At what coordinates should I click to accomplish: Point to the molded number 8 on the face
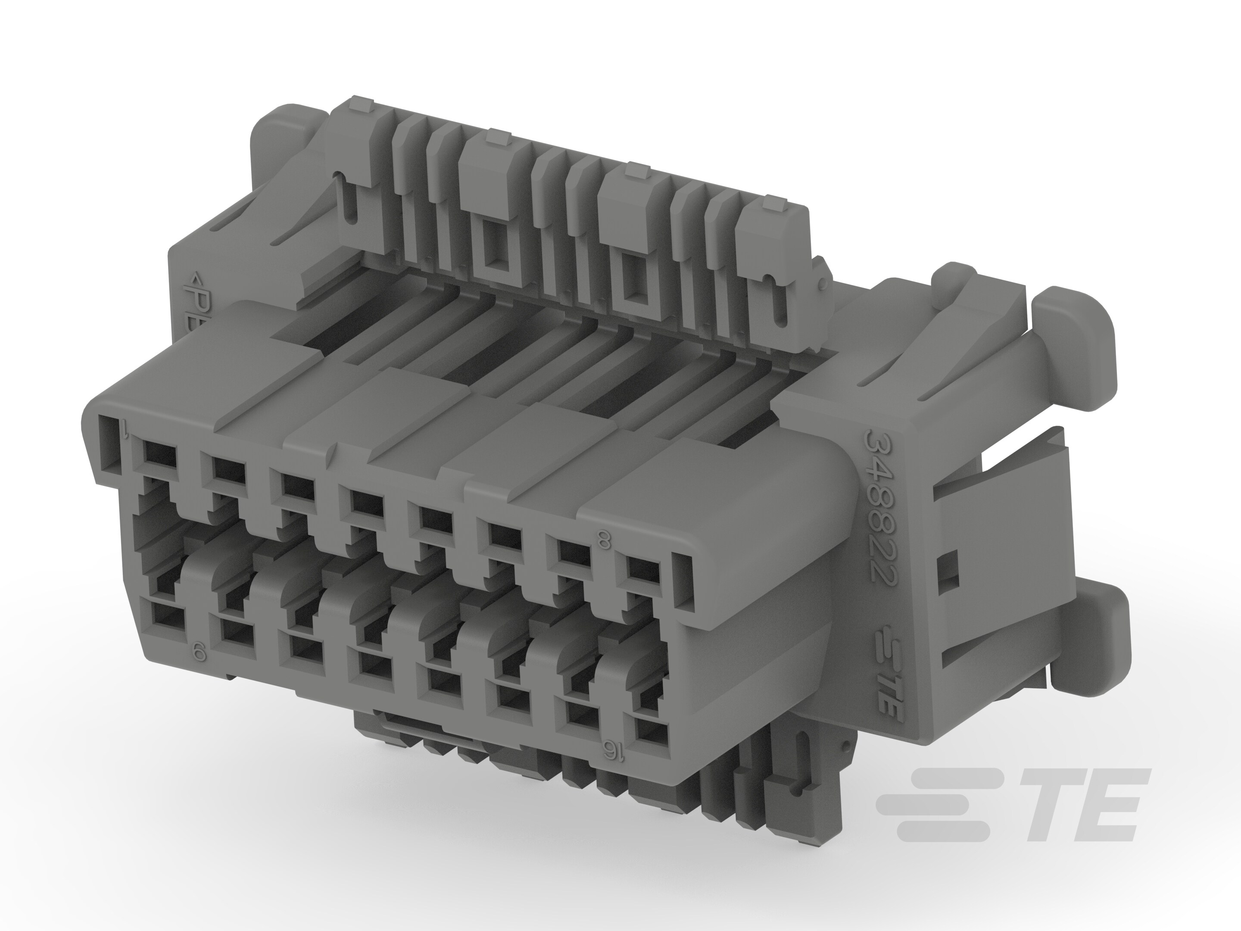pos(604,542)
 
